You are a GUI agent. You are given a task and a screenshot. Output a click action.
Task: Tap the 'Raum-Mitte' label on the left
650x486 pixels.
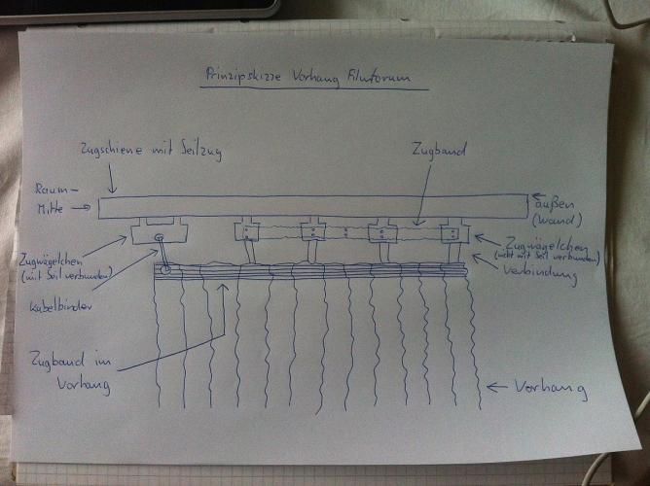pyautogui.click(x=53, y=197)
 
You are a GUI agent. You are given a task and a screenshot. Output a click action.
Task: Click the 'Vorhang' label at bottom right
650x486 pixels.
pyautogui.click(x=554, y=389)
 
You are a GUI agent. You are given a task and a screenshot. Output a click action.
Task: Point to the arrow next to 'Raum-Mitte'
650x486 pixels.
pyautogui.click(x=86, y=206)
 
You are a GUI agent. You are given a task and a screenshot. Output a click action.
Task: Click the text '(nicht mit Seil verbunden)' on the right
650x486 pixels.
pyautogui.click(x=547, y=256)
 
